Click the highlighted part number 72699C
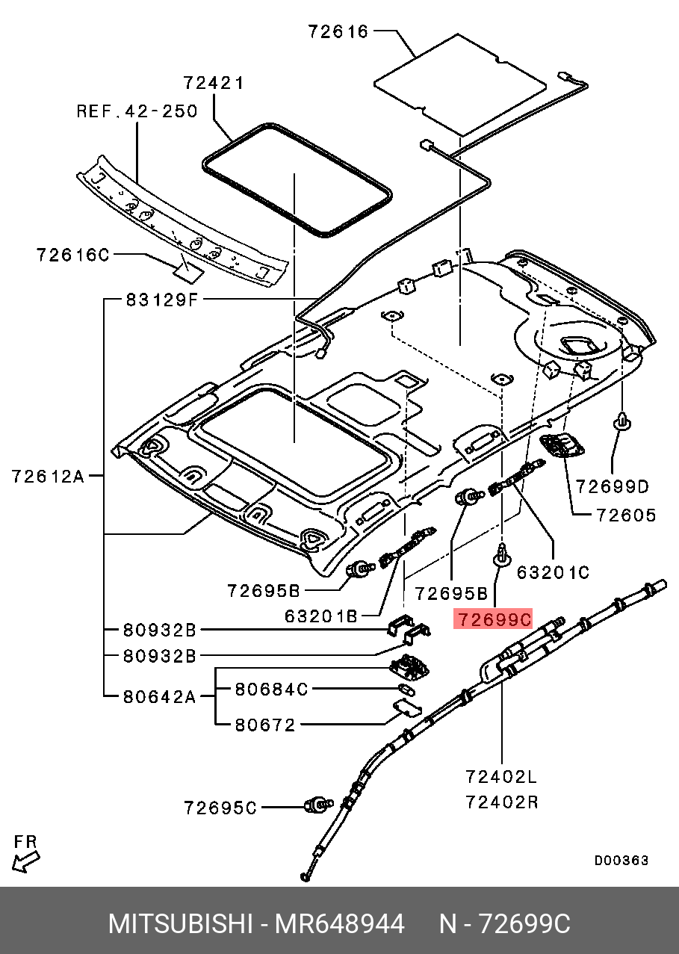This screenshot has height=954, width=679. coord(493,619)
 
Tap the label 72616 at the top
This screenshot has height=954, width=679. coord(338,31)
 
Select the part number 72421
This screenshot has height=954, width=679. coord(214,83)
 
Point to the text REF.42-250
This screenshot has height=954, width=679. coord(137,111)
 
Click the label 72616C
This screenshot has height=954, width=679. coord(73,255)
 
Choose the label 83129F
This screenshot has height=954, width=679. coord(162,300)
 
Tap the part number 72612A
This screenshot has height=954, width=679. coord(48,476)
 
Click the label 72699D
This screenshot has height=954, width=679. coord(612,486)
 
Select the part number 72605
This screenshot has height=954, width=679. coord(626,515)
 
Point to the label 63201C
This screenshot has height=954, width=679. coord(553,572)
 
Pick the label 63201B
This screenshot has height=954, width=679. coord(320,616)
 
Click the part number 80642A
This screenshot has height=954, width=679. coord(159,697)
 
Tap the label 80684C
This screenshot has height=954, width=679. coord(271,689)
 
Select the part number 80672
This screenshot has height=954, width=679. coord(265,725)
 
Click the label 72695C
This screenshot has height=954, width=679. coord(220,808)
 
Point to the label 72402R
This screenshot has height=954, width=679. coord(502,802)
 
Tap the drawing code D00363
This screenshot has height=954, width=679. coord(621,861)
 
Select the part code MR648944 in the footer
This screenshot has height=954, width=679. coord(339,924)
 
